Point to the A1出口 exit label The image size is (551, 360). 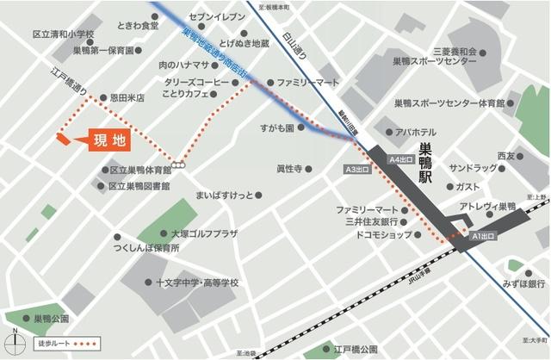coord(485,234)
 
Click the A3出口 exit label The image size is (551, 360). coord(356,170)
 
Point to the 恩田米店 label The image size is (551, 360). coord(126,97)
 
